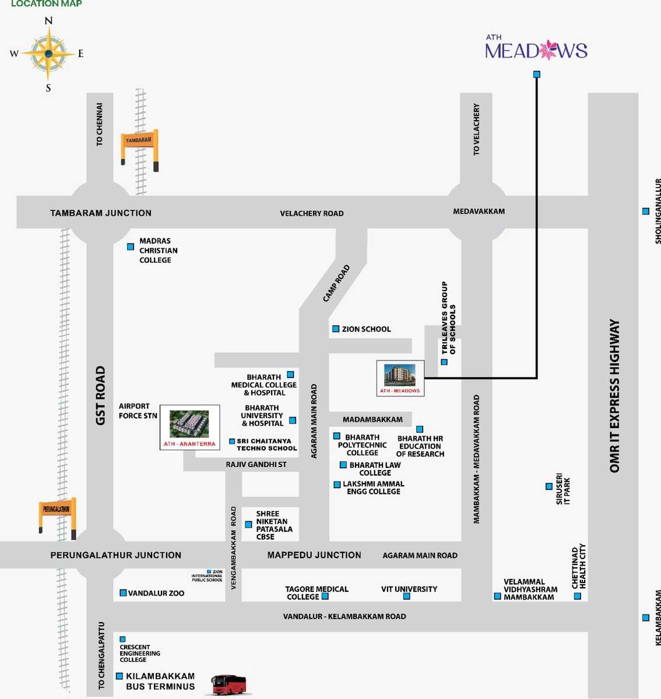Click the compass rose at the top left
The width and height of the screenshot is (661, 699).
click(x=48, y=54)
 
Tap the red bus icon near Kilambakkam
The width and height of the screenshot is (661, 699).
click(x=230, y=684)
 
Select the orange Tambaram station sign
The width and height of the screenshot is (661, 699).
click(x=139, y=140)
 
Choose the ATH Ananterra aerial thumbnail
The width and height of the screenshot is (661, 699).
click(x=189, y=424)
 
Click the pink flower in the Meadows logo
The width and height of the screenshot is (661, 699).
click(x=548, y=51)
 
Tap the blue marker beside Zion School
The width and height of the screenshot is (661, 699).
click(x=336, y=329)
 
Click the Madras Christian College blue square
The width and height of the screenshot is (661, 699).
click(x=131, y=247)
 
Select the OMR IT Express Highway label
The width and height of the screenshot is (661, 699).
click(x=614, y=396)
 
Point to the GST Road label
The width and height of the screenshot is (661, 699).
click(x=100, y=396)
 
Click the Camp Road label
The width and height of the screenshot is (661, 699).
click(x=336, y=284)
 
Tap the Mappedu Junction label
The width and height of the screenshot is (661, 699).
click(x=314, y=555)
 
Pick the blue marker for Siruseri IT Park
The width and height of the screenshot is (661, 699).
click(x=549, y=486)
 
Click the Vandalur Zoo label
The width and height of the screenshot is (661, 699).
click(x=156, y=593)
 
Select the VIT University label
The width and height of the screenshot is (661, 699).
click(x=409, y=589)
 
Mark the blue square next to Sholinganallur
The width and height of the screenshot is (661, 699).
click(x=645, y=211)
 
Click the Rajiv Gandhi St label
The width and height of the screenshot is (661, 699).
click(x=256, y=464)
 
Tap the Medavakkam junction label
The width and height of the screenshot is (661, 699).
click(x=479, y=211)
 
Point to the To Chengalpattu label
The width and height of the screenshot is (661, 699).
click(x=101, y=655)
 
